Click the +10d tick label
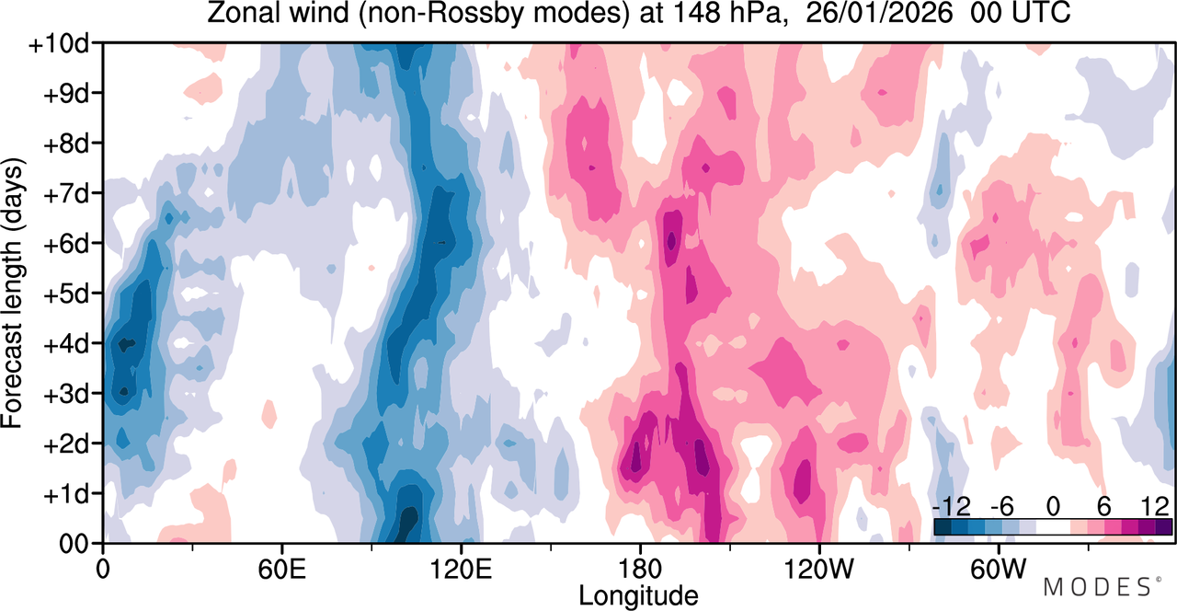click(59, 44)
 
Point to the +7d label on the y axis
click(66, 194)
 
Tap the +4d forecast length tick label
click(66, 345)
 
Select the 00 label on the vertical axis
click(74, 544)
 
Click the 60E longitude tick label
click(281, 570)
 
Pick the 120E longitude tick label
click(461, 570)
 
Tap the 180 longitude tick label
click(639, 570)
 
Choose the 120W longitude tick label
click(818, 570)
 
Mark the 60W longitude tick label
click(998, 570)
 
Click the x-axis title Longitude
click(638, 596)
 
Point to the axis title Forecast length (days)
click(13, 293)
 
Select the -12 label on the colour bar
click(952, 507)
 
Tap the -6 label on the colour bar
click(1002, 507)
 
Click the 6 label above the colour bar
click(1104, 507)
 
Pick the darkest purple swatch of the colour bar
click(1163, 527)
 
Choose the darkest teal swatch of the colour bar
click(943, 527)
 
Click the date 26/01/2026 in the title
click(878, 13)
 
